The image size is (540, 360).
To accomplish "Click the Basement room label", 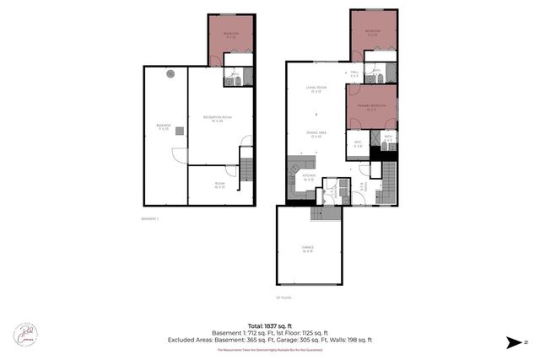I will (x=164, y=126).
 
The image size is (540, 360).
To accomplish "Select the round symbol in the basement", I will (x=170, y=73).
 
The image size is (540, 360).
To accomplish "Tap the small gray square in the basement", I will (x=179, y=129).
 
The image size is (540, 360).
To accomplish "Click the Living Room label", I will (x=316, y=89).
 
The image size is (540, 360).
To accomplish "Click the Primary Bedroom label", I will (x=371, y=107).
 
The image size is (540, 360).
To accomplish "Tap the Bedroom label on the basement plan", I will (x=230, y=35).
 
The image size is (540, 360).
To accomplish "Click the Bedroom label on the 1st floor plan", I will (x=372, y=32).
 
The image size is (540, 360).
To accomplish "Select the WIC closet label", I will (x=358, y=144).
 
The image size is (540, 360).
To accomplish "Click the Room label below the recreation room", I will (x=219, y=185).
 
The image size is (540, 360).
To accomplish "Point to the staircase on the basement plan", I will (x=246, y=164).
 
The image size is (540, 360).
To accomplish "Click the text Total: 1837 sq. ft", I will (x=270, y=325).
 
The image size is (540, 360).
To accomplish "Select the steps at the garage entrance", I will (x=326, y=214).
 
